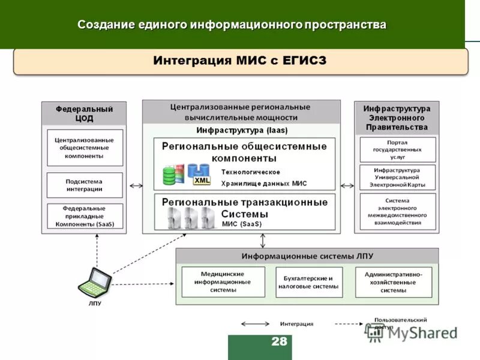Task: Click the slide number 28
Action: point(279,342)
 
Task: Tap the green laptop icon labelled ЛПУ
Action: point(96,281)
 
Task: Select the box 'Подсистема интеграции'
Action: point(85,185)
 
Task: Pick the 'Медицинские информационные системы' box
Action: point(223,282)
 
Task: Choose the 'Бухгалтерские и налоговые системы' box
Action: point(309,282)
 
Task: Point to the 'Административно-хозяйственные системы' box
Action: point(393,282)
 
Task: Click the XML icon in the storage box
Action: point(202,179)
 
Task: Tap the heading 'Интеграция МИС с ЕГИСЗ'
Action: point(240,61)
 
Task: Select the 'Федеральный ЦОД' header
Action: point(85,113)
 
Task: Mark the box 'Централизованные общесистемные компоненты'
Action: point(85,148)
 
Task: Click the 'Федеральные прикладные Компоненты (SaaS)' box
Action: point(85,217)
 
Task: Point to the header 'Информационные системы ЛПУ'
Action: point(307,256)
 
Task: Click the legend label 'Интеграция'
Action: point(296,323)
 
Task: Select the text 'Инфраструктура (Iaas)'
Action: point(242,130)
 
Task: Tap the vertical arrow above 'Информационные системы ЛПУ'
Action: point(262,241)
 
